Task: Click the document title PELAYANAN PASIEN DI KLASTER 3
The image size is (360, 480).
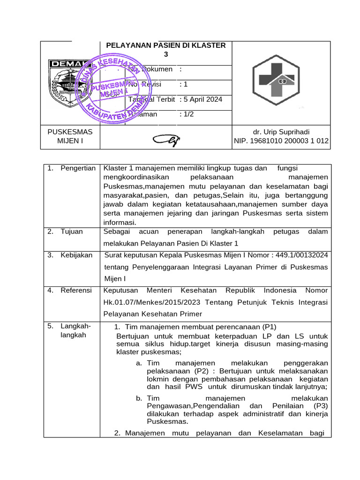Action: pos(166,50)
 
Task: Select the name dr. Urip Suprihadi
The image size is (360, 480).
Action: pos(281,132)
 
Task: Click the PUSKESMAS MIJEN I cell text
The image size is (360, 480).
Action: pos(70,136)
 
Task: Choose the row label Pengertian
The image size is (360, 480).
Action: pos(78,168)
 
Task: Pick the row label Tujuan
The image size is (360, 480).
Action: pos(71,232)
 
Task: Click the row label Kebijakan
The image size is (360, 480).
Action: pos(76,255)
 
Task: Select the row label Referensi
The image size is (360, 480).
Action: pos(76,291)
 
